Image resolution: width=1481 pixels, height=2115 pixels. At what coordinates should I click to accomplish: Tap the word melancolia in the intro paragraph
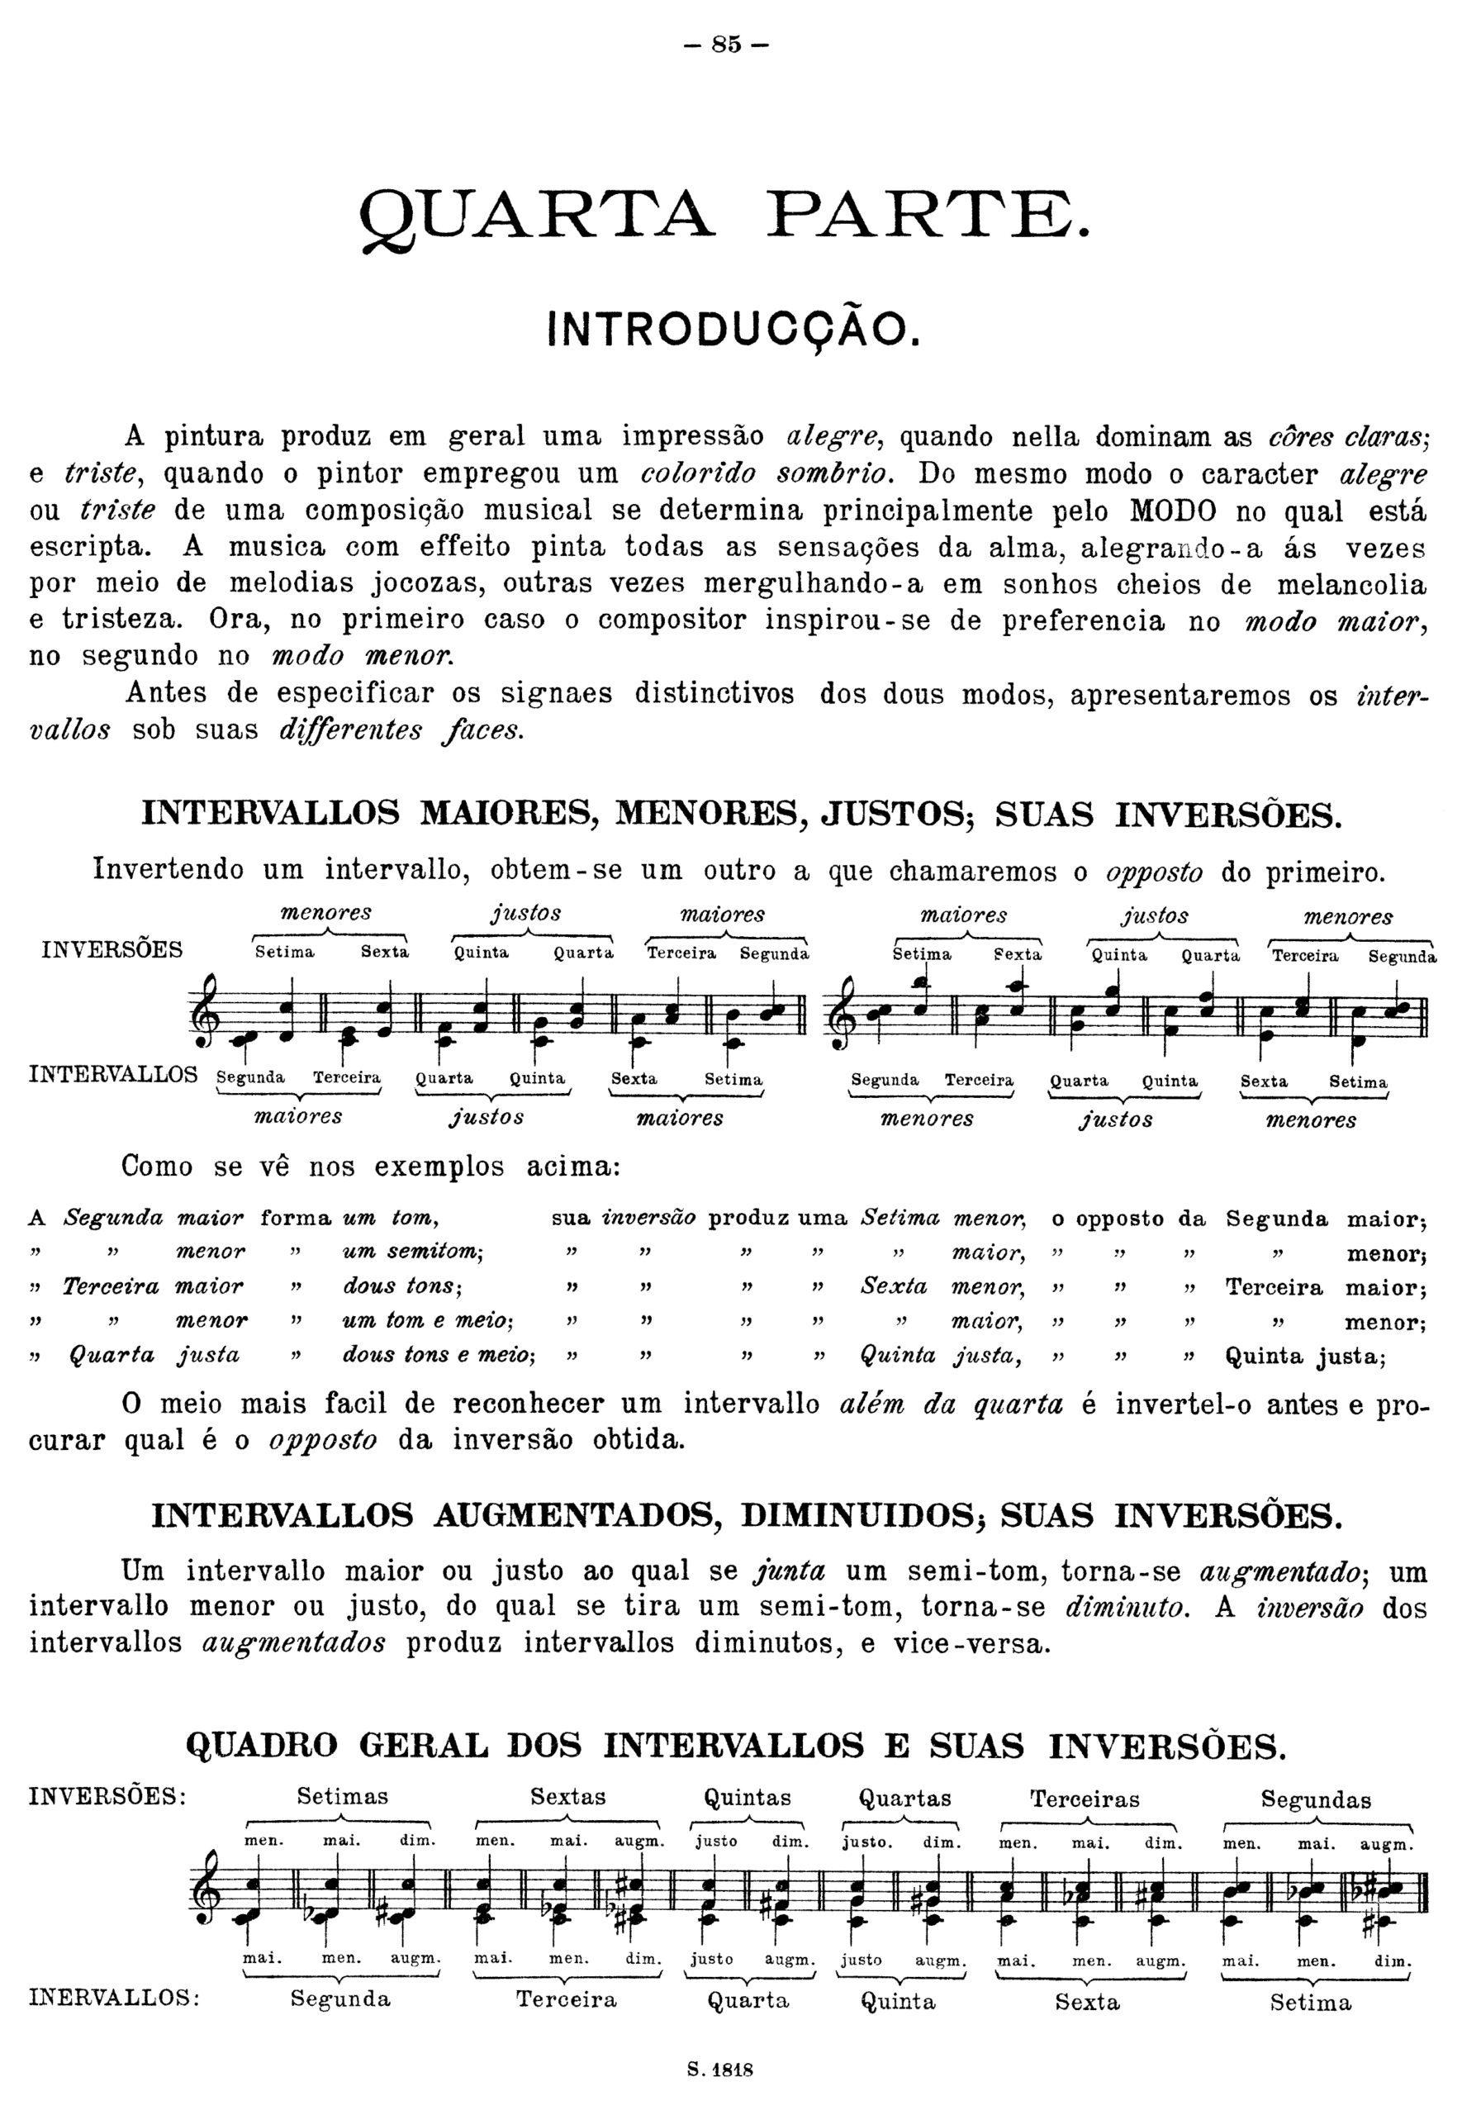click(1351, 584)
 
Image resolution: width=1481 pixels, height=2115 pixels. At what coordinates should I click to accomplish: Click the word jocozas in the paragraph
click(424, 584)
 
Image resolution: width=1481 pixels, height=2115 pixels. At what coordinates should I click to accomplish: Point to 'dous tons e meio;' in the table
click(439, 1355)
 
